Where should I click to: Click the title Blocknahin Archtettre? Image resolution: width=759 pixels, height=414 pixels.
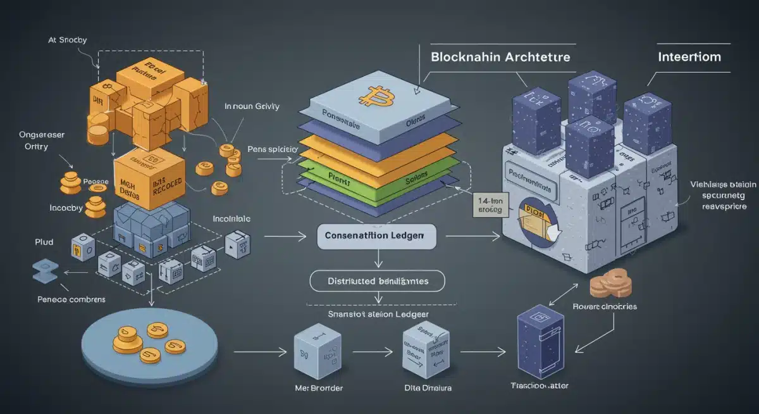(x=500, y=57)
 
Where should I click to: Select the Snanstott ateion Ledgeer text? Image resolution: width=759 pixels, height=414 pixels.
(x=378, y=315)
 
